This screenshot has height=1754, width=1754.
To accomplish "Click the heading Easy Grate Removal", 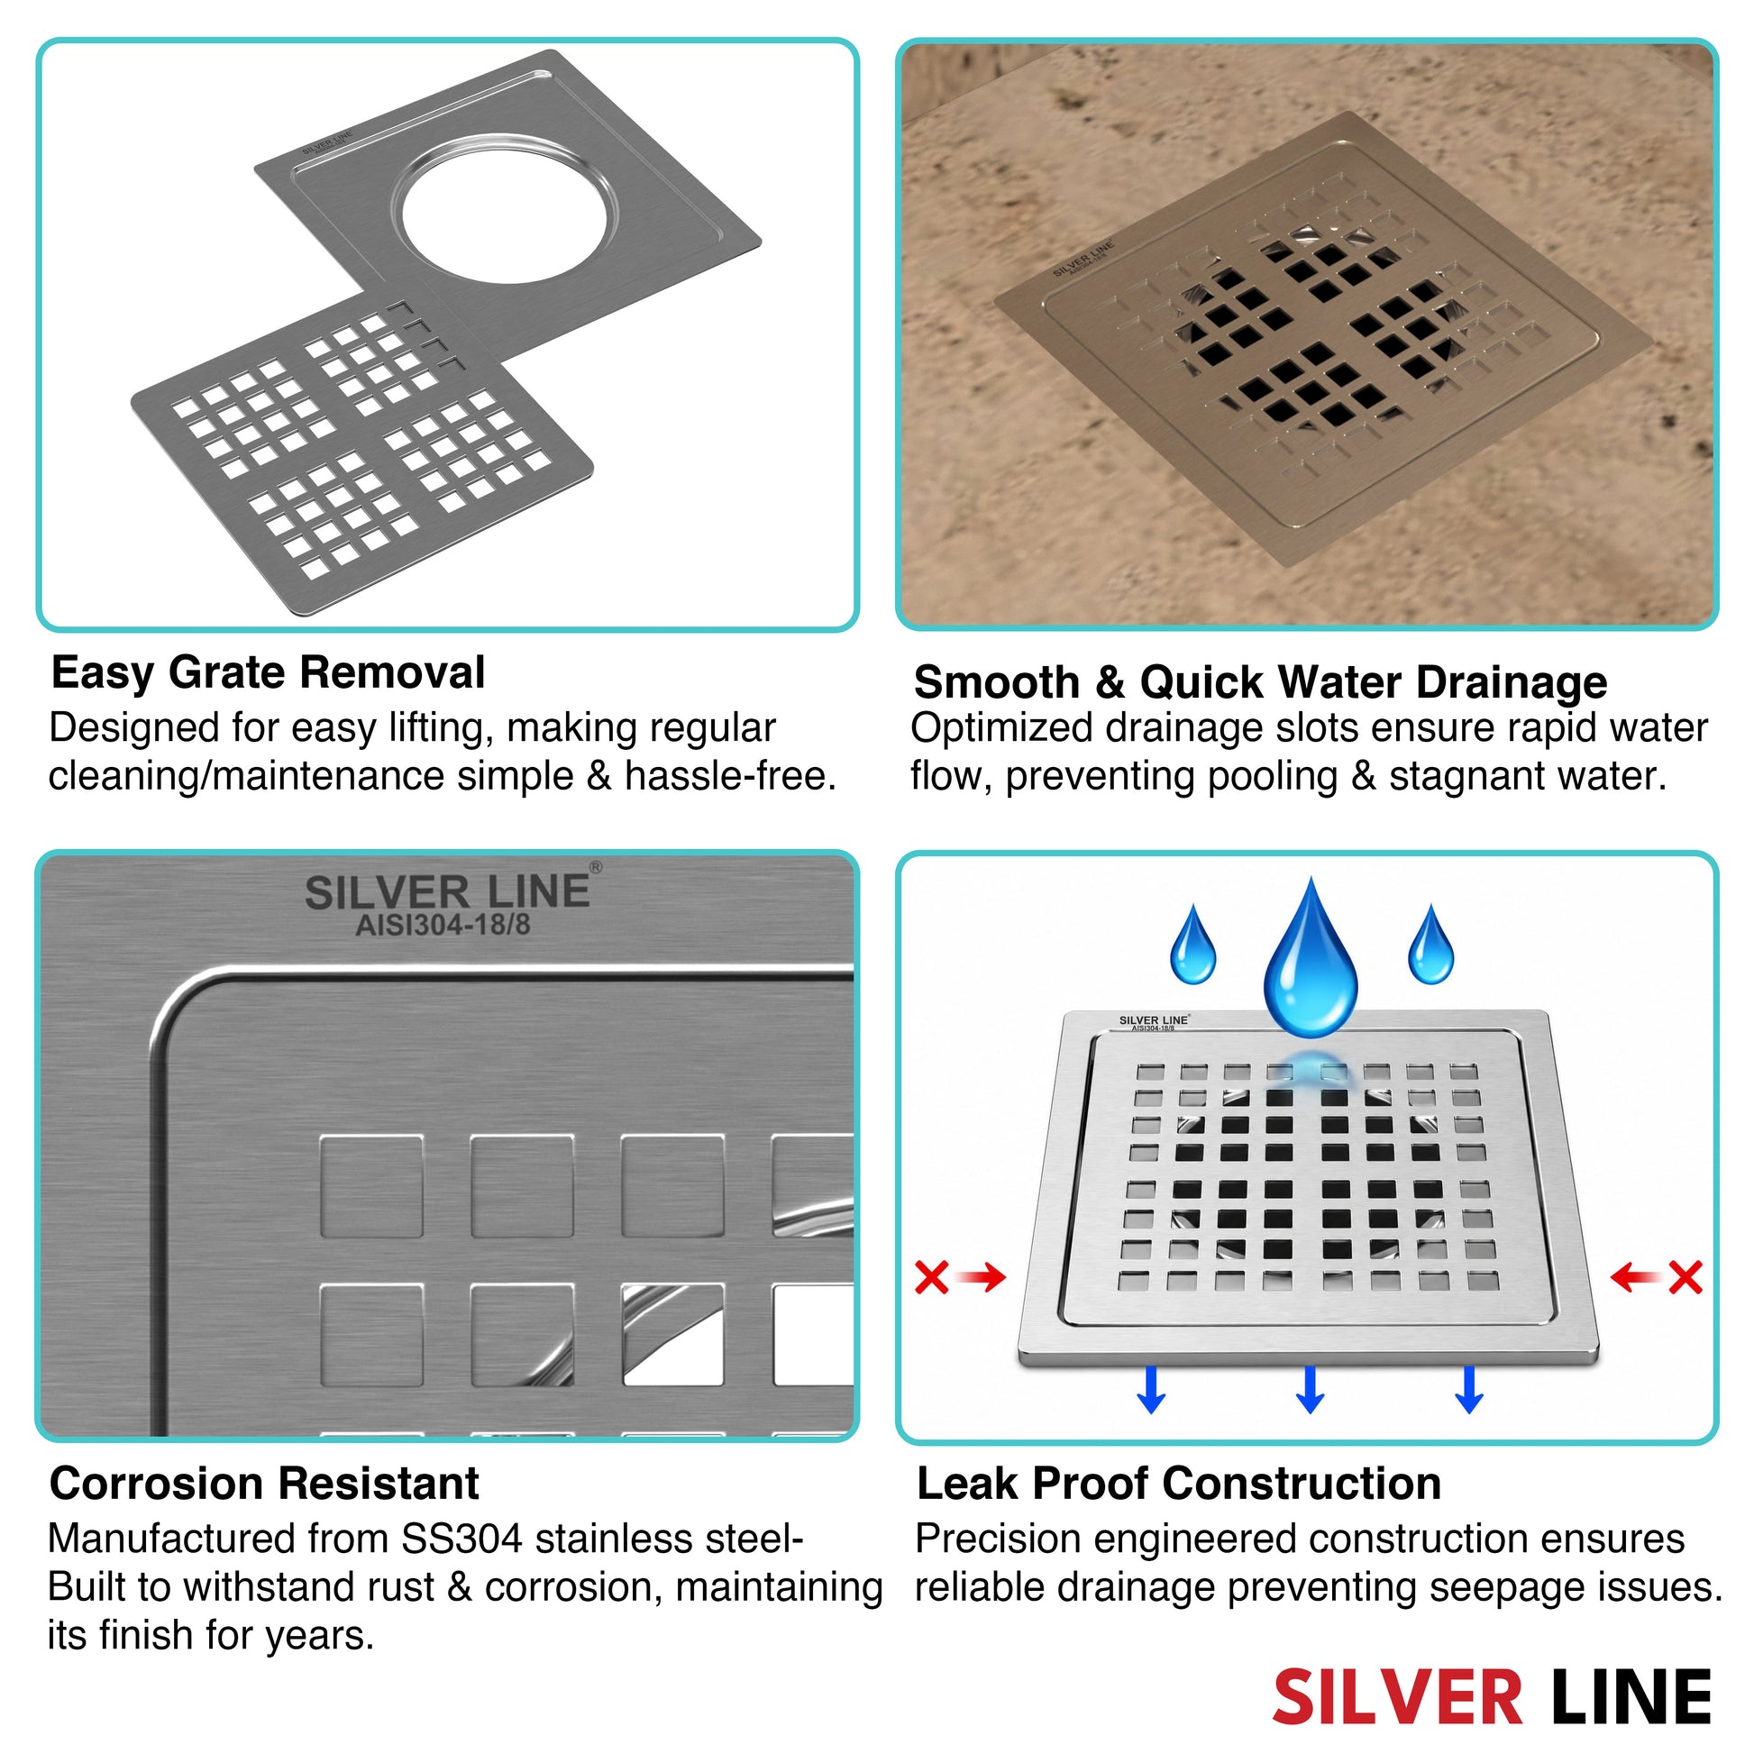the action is point(268,673).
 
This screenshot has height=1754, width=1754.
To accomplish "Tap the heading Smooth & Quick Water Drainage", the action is point(1260,682).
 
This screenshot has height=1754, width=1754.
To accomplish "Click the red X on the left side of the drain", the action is point(932,1277).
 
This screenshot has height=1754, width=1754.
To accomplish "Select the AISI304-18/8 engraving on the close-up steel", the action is point(443,925).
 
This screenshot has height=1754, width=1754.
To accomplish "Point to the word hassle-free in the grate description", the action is point(730,776).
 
